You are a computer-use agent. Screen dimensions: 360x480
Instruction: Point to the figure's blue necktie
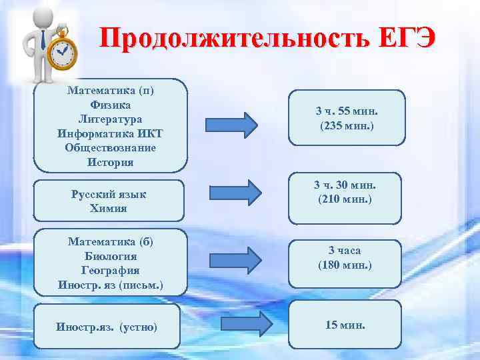tap(43, 40)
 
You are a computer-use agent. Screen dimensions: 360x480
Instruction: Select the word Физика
tap(110, 105)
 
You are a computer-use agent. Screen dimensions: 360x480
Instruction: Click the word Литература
tap(110, 119)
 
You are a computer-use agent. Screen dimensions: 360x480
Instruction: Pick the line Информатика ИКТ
tap(110, 133)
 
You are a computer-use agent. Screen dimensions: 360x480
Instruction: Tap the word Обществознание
tap(110, 147)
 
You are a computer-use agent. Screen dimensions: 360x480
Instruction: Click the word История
tap(110, 162)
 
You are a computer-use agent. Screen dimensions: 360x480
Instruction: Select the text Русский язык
tap(109, 194)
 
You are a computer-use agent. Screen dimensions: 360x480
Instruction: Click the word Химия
tap(109, 208)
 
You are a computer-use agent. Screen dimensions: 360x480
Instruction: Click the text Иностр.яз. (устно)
tap(107, 327)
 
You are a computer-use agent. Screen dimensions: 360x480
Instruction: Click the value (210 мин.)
tap(345, 199)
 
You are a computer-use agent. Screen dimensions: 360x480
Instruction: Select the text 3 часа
tap(345, 251)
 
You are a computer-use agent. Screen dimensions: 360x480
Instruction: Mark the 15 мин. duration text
tap(345, 325)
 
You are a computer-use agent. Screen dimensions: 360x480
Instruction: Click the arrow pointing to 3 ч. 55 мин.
tap(231, 124)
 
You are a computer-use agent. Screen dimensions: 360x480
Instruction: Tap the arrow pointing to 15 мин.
tap(247, 325)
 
